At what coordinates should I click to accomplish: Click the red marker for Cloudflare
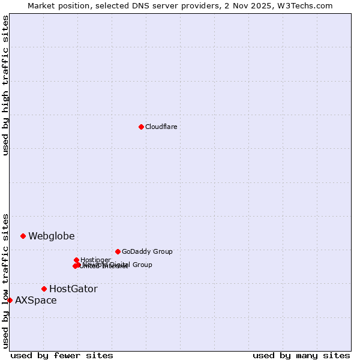141,127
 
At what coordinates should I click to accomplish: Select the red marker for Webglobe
23,236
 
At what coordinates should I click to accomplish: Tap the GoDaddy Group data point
118,251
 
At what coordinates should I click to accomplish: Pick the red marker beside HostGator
44,289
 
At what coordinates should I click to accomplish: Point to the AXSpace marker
10,300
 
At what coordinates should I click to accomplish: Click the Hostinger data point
77,260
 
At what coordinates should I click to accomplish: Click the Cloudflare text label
161,127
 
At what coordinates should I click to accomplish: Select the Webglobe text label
52,236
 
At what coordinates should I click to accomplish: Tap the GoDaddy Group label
147,251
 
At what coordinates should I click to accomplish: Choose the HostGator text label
73,289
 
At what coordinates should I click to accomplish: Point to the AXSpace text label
36,300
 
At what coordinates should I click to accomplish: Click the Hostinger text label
95,260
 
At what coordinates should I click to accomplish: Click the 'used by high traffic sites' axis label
5,85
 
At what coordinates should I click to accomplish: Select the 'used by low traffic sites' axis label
5,281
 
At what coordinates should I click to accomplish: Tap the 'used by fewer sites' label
62,355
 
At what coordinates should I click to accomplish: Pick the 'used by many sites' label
301,355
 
